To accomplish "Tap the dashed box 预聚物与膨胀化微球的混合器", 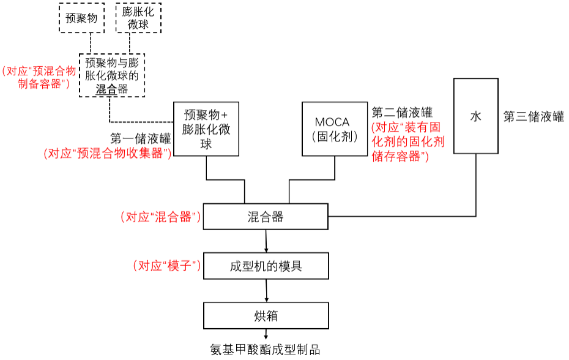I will coord(113,75).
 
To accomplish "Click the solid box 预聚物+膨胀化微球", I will coord(206,129).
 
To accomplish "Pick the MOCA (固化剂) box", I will coord(335,129).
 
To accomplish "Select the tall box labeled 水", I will coord(475,116).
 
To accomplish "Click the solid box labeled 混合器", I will coord(266,217).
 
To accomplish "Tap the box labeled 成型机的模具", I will coord(266,266).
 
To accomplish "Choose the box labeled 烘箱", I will coord(266,316).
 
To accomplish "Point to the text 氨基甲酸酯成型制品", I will coord(266,350).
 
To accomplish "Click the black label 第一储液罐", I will coord(140,138).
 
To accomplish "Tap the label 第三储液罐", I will coord(534,117).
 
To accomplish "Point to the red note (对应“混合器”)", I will coord(161,217).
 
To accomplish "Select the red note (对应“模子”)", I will coord(167,266).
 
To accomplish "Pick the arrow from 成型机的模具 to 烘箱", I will coord(266,290).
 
